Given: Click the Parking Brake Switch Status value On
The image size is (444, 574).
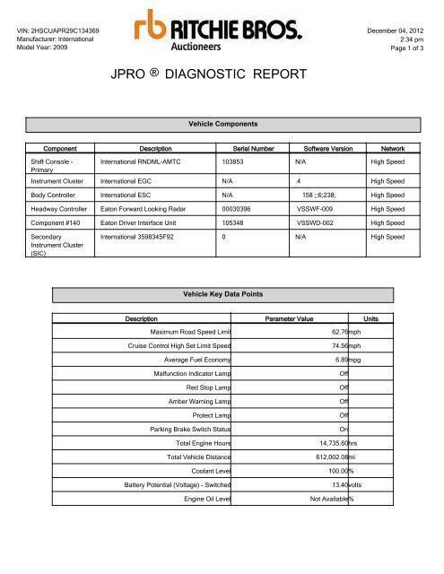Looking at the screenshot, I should pos(344,429).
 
